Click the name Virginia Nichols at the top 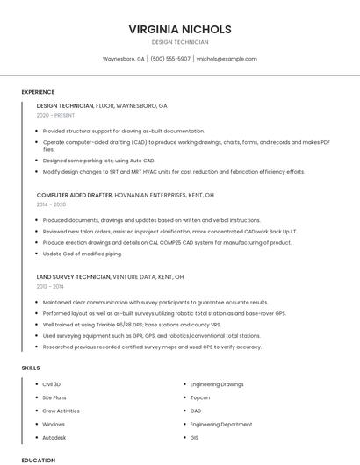click(x=180, y=29)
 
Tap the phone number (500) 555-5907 click(x=170, y=59)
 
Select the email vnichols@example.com click(x=227, y=59)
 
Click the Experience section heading click(x=38, y=92)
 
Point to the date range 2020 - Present click(x=55, y=115)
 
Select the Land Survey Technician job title click(x=74, y=276)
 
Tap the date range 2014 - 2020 click(x=51, y=204)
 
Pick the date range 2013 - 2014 click(x=50, y=286)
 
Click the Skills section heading click(x=31, y=368)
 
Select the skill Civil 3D click(x=52, y=384)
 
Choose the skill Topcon click(x=200, y=397)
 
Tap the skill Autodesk click(x=54, y=437)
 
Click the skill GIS click(x=195, y=437)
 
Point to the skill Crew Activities click(x=61, y=411)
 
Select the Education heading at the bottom click(x=38, y=461)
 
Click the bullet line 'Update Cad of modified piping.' click(x=83, y=254)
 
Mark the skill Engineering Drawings click(x=217, y=384)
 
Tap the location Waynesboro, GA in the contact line click(x=124, y=59)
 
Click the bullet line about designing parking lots click(x=98, y=161)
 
